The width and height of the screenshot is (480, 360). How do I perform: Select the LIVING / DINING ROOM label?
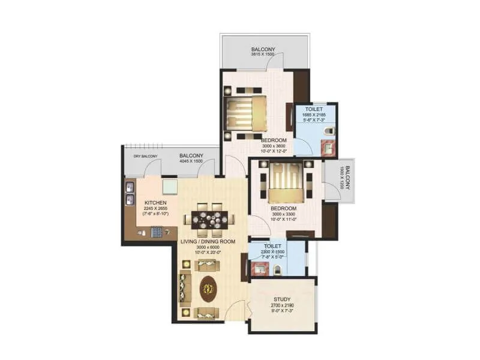tap(208, 241)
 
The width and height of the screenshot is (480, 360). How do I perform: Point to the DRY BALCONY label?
tap(145, 157)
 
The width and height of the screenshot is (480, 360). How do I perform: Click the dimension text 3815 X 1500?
tap(262, 55)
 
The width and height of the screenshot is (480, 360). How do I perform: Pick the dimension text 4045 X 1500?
tap(192, 161)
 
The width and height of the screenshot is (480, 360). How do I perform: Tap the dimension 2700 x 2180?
tap(282, 305)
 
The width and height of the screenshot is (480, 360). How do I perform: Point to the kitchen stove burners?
tap(158, 231)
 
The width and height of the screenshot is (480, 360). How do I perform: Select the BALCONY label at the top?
tap(262, 49)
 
